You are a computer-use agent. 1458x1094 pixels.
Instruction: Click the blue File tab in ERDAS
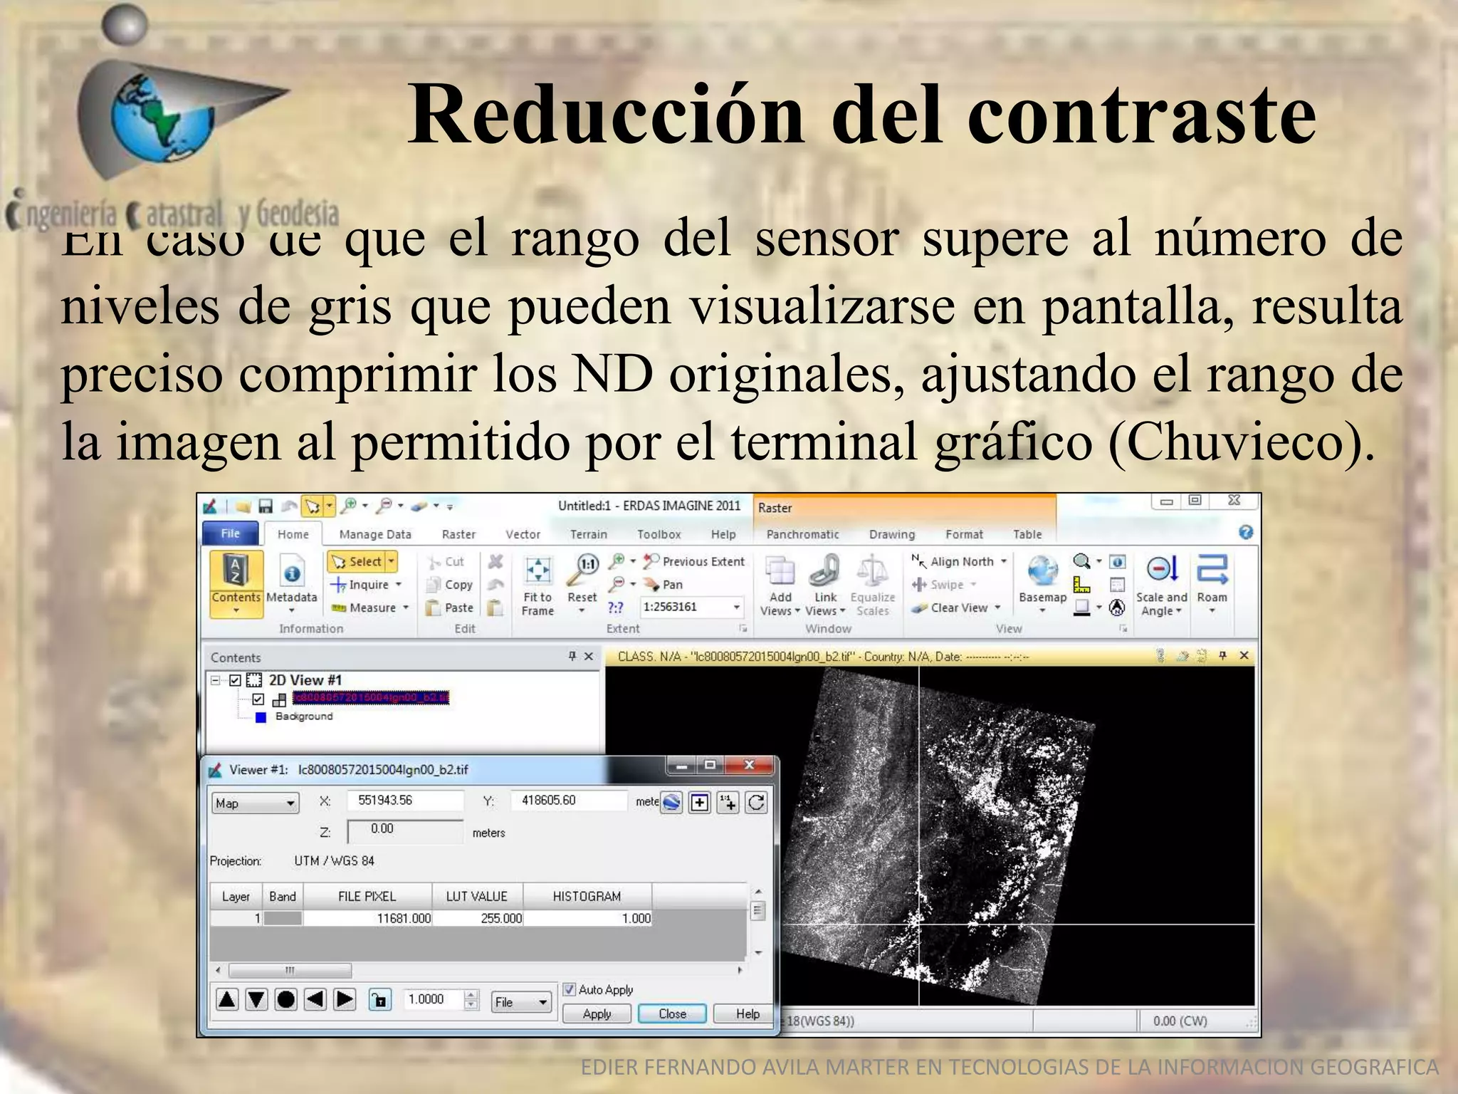click(x=231, y=533)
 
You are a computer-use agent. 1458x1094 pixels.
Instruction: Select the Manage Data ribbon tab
click(x=375, y=534)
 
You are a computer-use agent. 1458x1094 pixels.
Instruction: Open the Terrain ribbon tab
click(x=588, y=534)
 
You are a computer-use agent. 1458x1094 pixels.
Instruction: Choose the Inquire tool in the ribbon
click(x=367, y=585)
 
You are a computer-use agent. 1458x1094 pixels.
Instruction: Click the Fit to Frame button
click(x=537, y=585)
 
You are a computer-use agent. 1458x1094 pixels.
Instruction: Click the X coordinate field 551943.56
click(x=404, y=801)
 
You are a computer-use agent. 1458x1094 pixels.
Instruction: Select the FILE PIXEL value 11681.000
click(x=404, y=919)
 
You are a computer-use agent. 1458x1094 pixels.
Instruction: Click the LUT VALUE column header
click(x=476, y=896)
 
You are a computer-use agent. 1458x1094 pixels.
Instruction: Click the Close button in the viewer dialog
click(x=672, y=1014)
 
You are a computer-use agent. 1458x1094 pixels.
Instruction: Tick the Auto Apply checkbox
click(x=569, y=989)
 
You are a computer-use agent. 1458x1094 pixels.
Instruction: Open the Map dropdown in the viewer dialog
click(x=255, y=803)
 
